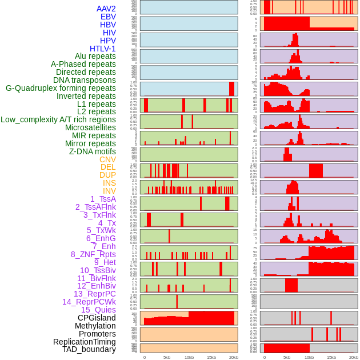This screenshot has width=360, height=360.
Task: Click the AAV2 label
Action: (x=106, y=9)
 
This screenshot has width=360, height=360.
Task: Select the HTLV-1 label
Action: (x=102, y=49)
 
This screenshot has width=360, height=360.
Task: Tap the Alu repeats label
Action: (x=95, y=56)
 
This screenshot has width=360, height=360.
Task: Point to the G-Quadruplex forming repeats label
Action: (x=61, y=88)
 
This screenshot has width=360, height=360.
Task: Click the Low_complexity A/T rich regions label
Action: (x=58, y=119)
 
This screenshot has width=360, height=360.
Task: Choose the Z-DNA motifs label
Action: (x=92, y=151)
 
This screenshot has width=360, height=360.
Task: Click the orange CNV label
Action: (x=107, y=159)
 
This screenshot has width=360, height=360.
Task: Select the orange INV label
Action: (x=109, y=191)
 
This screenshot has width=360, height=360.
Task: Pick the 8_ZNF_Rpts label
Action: (x=93, y=254)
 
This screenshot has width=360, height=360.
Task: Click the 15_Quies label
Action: (x=97, y=310)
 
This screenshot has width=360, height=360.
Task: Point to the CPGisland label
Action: (x=97, y=318)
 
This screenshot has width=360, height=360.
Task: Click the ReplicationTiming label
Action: (x=84, y=342)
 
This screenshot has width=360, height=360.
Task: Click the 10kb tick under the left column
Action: (x=189, y=357)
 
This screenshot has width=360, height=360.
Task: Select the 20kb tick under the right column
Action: (x=353, y=357)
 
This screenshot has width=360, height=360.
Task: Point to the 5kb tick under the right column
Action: (x=286, y=357)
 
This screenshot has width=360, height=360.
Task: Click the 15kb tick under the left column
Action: (x=211, y=357)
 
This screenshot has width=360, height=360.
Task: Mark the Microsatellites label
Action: (x=90, y=127)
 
